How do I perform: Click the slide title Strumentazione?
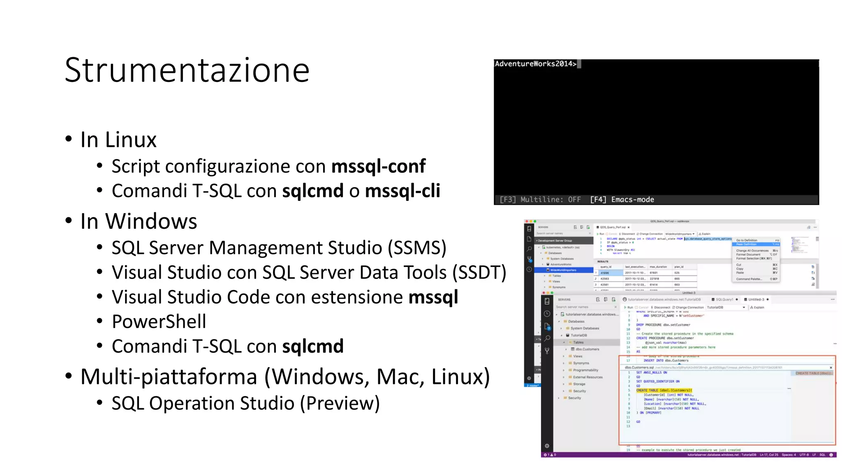pos(187,70)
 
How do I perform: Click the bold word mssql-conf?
pos(378,166)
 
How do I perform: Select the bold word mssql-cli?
pos(402,191)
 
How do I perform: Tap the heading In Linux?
pos(118,139)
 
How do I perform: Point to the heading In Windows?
pos(139,221)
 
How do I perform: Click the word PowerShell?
pos(159,321)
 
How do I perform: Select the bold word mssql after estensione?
pos(433,297)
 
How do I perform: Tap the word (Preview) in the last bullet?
pos(340,403)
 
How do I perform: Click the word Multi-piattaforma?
pos(169,376)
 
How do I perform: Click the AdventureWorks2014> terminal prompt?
pos(535,64)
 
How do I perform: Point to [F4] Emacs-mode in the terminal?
pos(622,200)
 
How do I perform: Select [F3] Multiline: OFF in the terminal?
pos(540,200)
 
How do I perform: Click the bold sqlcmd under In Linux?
pos(312,191)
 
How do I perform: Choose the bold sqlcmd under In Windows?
pos(312,346)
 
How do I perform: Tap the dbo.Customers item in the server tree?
pos(587,349)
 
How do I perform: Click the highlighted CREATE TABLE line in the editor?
pos(664,390)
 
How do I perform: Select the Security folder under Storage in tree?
pos(579,391)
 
